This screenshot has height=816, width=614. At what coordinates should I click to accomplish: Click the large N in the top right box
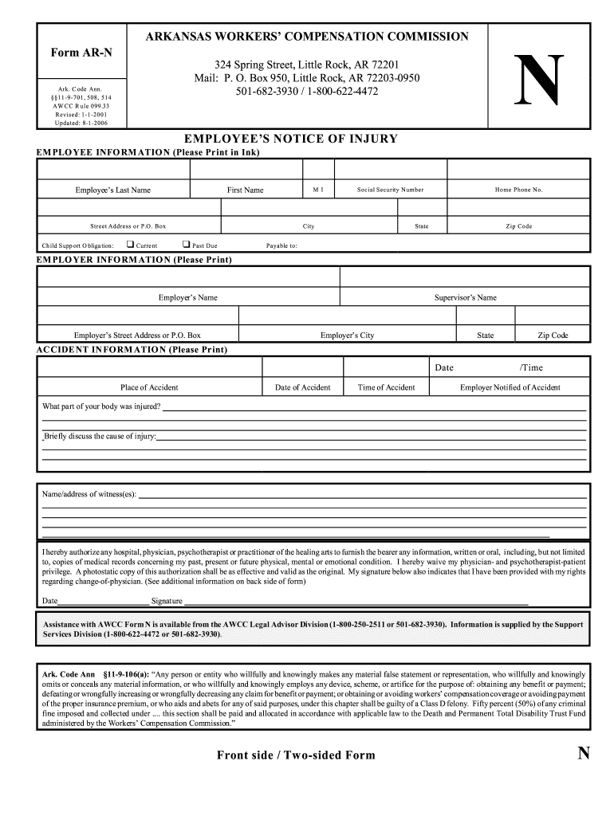click(x=540, y=80)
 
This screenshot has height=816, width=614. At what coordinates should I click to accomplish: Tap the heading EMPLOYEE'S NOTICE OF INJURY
click(x=290, y=139)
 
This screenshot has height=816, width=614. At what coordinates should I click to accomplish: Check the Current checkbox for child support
click(x=131, y=245)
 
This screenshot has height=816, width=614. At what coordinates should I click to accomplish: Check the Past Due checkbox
click(x=186, y=245)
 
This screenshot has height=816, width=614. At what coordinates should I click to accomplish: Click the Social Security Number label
click(x=390, y=190)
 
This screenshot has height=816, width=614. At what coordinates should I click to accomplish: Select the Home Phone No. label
click(x=518, y=190)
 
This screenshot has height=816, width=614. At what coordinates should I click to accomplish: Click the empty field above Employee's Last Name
click(x=113, y=170)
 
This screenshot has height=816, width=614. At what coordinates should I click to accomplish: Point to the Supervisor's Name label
click(x=465, y=297)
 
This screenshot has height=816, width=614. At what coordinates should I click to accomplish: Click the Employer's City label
click(x=347, y=335)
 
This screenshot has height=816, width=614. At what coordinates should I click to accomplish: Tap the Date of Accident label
click(x=302, y=387)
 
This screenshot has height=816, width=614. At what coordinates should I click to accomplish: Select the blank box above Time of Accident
click(x=386, y=367)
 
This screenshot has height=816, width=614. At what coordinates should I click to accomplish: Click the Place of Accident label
click(x=149, y=387)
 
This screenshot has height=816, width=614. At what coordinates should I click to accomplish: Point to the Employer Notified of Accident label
click(x=510, y=387)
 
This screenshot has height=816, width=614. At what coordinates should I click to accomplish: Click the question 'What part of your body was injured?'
click(x=101, y=406)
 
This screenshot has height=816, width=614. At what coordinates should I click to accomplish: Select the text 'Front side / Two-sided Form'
click(x=295, y=755)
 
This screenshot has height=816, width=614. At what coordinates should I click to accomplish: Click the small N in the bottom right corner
click(x=583, y=753)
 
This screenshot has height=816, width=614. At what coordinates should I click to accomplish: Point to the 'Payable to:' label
click(x=281, y=245)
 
